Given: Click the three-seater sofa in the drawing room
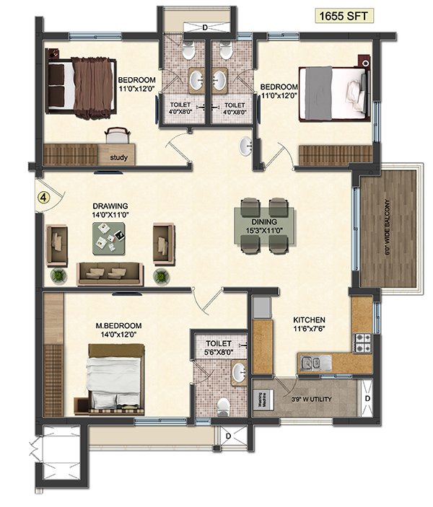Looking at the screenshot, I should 110,272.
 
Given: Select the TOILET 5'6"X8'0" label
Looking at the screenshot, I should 219,348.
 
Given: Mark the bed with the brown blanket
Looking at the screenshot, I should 82,87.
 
